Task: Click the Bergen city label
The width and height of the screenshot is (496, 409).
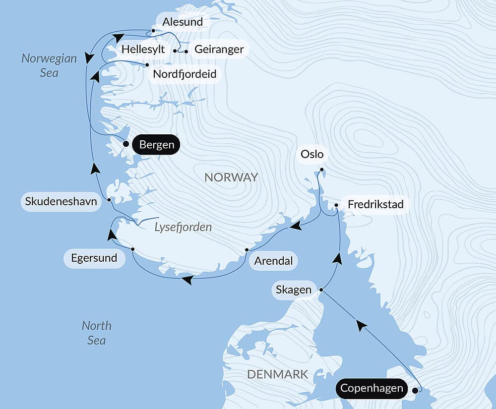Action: (x=157, y=145)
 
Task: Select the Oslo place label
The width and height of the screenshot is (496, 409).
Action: (x=312, y=154)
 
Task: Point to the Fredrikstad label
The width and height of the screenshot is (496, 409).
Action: (x=375, y=204)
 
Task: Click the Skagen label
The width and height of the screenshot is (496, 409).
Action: (x=294, y=290)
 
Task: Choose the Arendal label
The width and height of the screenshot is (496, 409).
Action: (x=273, y=261)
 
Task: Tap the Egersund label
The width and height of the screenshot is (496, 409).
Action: (x=94, y=258)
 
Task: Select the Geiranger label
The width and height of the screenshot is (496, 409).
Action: (x=219, y=49)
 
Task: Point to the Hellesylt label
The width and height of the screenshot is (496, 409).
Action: (x=143, y=49)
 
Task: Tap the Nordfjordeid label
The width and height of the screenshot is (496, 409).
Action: (x=185, y=74)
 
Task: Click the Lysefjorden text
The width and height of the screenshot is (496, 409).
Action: (x=183, y=227)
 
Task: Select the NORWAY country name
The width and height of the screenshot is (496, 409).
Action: (x=231, y=177)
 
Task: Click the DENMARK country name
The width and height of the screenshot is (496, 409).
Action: (x=277, y=374)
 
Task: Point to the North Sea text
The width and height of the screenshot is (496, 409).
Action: (x=96, y=333)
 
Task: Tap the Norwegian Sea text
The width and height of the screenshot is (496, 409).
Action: (x=49, y=65)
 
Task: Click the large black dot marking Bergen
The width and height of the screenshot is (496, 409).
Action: (x=126, y=144)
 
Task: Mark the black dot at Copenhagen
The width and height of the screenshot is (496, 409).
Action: (x=415, y=390)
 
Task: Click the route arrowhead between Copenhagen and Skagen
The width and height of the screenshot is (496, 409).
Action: (x=362, y=326)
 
